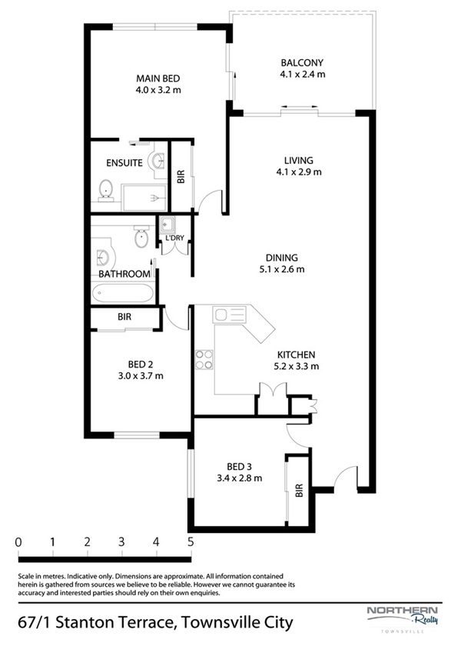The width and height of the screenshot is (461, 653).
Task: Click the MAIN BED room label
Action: tap(158, 78)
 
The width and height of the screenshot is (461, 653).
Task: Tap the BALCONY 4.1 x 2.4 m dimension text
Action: tap(303, 75)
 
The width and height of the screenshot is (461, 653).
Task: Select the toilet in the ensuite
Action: tap(106, 191)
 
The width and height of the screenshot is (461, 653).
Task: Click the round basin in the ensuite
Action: tap(158, 160)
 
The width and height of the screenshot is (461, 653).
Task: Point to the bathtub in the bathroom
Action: tap(123, 293)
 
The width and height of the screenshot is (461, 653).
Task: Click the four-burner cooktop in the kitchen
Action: tap(204, 360)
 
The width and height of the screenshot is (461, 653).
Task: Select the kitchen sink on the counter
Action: tap(229, 314)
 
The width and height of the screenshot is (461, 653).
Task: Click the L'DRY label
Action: tap(174, 238)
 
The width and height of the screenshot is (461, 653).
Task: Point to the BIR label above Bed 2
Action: tap(124, 317)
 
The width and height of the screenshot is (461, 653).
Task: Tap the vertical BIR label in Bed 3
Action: tap(299, 490)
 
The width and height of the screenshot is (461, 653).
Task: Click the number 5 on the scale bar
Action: tap(191, 541)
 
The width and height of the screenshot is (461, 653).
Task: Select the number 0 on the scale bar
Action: tap(18, 541)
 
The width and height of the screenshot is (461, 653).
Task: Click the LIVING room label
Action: tap(299, 160)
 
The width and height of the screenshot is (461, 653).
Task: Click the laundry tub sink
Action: tap(167, 225)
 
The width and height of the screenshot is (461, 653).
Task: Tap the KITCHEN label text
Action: tap(297, 355)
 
